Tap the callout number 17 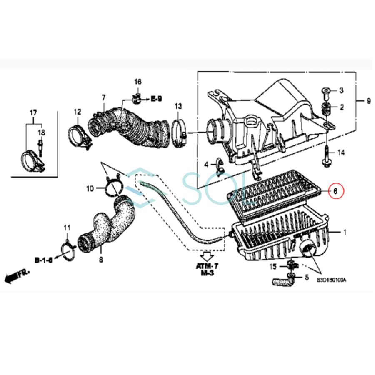(33, 112)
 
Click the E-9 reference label (156, 99)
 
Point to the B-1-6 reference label (44, 260)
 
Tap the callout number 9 (368, 101)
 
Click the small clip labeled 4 (220, 167)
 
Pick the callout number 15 (273, 266)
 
